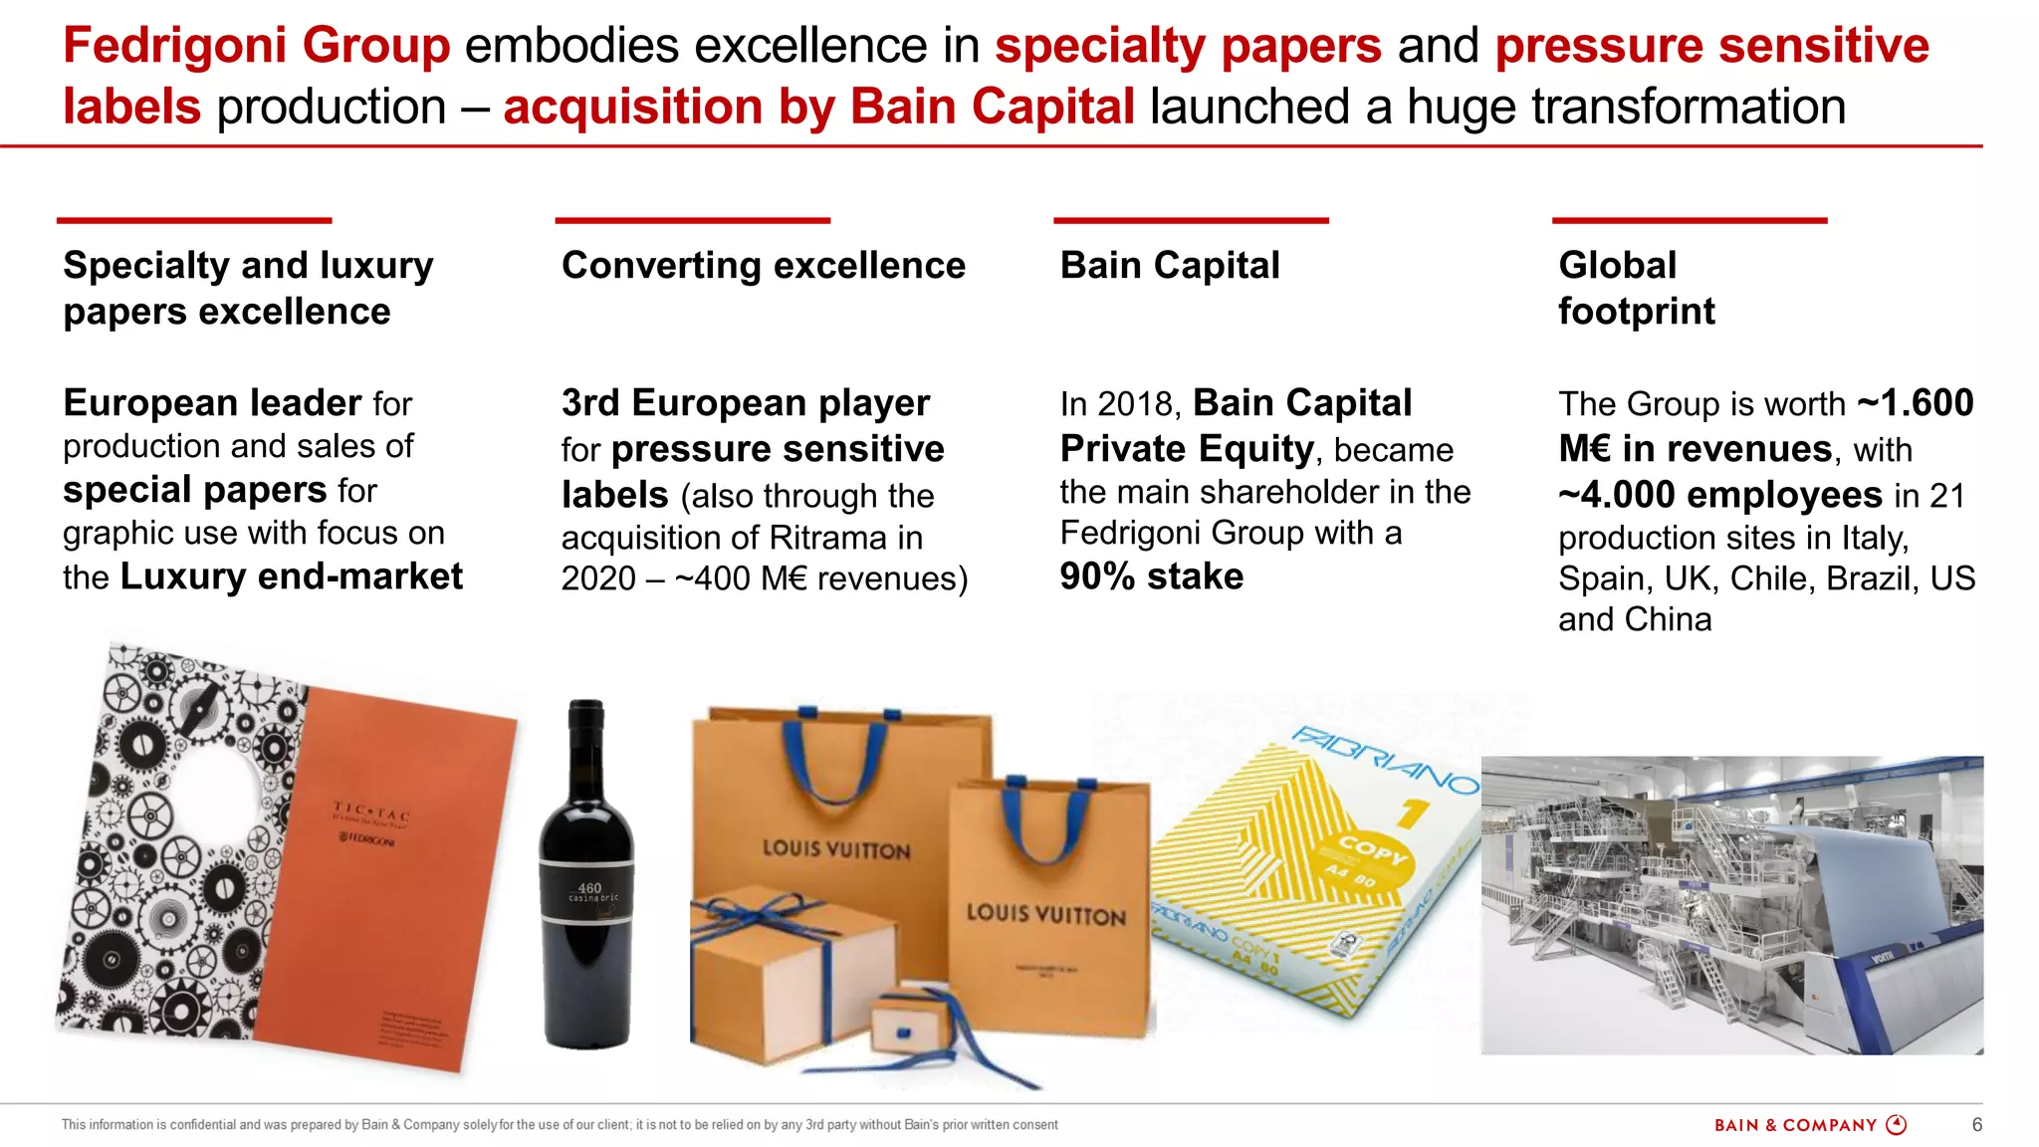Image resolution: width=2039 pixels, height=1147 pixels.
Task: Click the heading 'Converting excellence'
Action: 763,266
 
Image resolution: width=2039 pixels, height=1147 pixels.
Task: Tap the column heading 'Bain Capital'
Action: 1170,266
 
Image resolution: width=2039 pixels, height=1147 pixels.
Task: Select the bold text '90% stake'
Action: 1152,576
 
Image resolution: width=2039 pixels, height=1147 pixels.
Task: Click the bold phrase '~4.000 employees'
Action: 1719,495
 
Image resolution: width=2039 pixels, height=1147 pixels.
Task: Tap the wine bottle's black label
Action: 587,890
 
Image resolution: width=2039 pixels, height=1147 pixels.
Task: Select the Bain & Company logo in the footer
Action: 1809,1125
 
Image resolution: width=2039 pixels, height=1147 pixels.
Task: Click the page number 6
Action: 1976,1125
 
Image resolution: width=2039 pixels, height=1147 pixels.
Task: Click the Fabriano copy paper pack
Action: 1324,876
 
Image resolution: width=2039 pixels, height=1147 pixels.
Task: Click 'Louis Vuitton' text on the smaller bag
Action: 1045,914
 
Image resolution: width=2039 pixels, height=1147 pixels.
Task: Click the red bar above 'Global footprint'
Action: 1689,220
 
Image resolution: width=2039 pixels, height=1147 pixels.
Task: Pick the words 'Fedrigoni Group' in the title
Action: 257,46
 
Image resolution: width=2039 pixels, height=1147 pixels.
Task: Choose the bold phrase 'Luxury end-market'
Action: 291,576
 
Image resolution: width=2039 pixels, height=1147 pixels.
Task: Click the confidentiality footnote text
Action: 559,1125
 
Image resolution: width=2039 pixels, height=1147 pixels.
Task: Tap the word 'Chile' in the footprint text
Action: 1761,578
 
